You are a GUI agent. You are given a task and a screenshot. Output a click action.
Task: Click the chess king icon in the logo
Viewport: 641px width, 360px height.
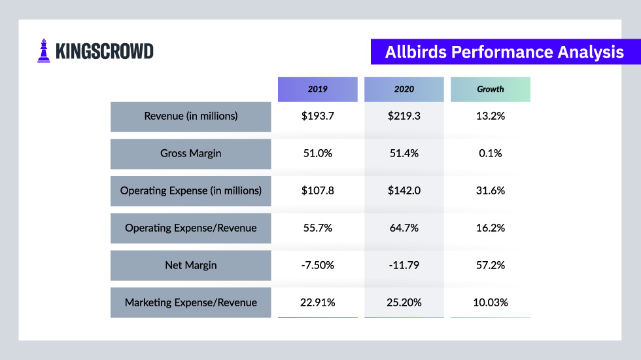click(44, 51)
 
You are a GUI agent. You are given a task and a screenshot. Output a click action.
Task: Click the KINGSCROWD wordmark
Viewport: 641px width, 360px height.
click(105, 52)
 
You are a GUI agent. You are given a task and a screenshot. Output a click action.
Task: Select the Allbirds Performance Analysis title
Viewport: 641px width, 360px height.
click(504, 52)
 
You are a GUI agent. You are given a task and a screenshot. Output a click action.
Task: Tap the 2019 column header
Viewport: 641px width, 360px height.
click(318, 89)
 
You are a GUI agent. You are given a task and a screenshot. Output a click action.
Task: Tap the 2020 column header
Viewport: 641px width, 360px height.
click(404, 89)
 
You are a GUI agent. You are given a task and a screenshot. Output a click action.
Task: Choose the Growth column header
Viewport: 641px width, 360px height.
click(491, 89)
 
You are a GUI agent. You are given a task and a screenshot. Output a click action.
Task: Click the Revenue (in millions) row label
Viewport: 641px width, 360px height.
click(190, 117)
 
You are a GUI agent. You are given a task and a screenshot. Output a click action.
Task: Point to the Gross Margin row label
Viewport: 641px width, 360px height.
click(190, 154)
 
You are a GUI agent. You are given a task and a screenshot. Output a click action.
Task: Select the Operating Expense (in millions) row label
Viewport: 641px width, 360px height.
click(190, 191)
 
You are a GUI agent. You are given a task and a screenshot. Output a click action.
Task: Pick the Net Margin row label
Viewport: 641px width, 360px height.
click(190, 266)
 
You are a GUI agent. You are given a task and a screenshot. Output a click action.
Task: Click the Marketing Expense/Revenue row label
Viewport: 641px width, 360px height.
click(190, 302)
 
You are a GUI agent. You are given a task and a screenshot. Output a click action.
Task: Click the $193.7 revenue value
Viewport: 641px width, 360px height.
click(318, 117)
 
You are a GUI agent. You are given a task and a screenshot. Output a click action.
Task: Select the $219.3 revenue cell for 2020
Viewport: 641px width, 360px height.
click(404, 117)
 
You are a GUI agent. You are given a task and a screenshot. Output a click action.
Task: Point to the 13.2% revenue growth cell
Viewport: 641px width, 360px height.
click(491, 117)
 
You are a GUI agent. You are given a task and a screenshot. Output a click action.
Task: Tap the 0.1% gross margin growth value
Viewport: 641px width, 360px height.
click(491, 154)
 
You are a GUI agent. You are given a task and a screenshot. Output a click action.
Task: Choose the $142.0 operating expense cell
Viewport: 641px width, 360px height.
click(404, 191)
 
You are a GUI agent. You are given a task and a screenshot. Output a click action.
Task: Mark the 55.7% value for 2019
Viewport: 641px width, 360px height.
click(318, 228)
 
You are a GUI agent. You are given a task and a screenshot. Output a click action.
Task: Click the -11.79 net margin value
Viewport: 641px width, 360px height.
click(404, 266)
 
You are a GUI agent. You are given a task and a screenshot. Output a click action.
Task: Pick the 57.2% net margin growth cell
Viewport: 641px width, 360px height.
click(491, 266)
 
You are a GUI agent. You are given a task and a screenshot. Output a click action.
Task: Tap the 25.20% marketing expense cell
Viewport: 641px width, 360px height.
click(404, 302)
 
